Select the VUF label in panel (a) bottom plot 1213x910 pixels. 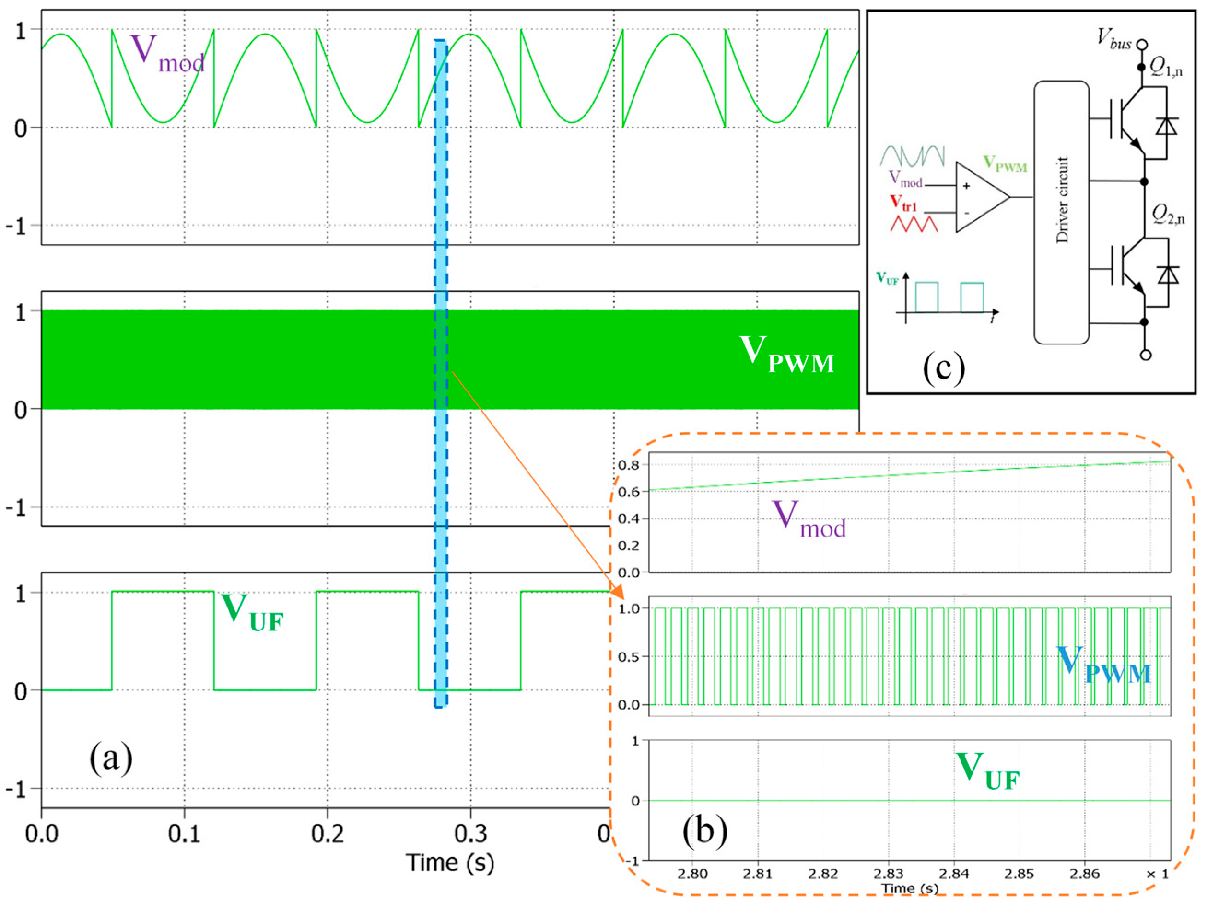252,613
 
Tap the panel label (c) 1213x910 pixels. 944,368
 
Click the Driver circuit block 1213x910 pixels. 1061,213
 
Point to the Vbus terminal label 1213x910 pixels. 1114,38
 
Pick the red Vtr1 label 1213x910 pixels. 903,204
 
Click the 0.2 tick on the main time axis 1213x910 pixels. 328,834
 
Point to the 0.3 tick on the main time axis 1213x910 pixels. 470,834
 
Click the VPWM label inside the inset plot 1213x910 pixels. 1102,665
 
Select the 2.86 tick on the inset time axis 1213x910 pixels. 1084,873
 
